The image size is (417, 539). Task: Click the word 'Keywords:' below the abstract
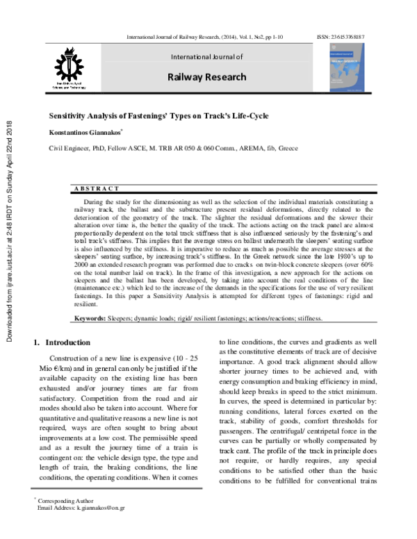click(90, 318)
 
